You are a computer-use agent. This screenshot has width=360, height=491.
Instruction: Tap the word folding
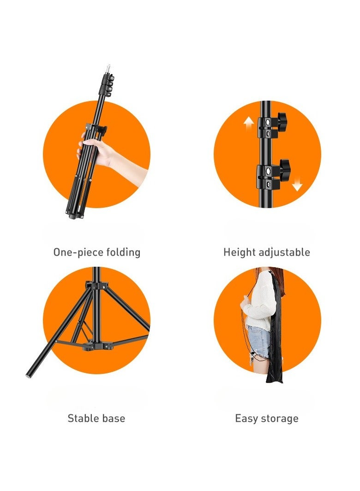(123, 252)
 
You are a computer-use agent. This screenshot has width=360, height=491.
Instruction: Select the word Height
(240, 252)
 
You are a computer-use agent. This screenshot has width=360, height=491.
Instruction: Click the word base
(114, 419)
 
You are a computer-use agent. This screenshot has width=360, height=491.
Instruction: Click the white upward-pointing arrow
(249, 124)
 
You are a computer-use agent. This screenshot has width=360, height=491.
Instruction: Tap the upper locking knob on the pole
(280, 121)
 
